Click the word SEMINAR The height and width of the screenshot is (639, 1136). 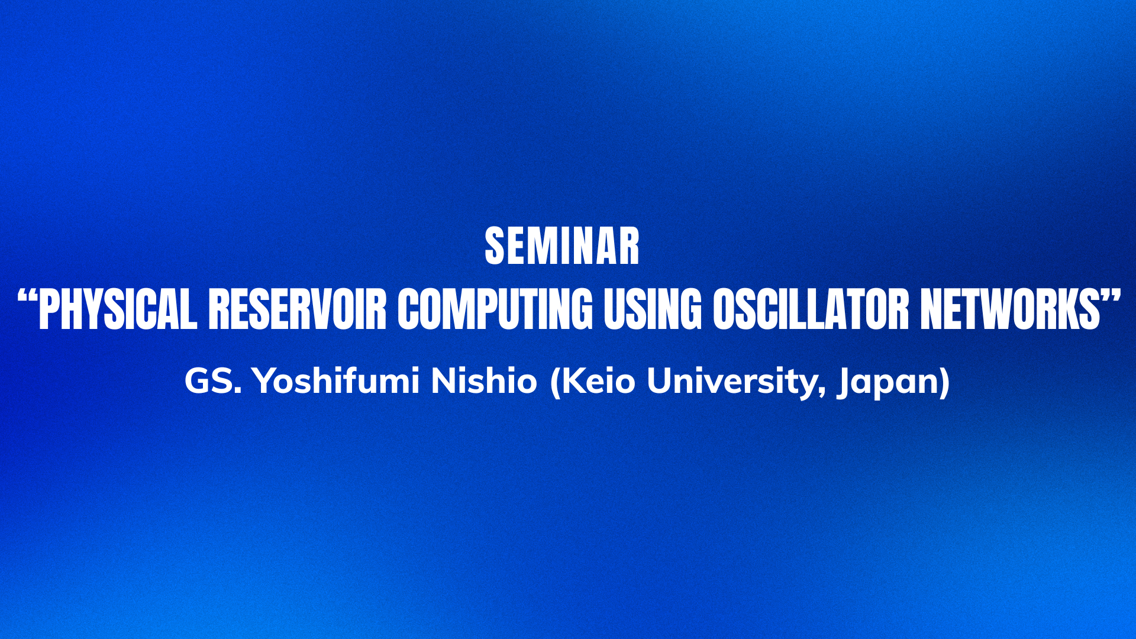(562, 246)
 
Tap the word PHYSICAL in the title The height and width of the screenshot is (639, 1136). (117, 309)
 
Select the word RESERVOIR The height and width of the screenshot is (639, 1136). (297, 309)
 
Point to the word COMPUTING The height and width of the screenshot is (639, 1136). (495, 309)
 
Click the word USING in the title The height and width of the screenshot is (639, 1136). (652, 309)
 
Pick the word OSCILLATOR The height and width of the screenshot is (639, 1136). (811, 309)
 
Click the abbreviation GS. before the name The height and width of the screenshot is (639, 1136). (213, 380)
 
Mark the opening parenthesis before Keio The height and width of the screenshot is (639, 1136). (555, 382)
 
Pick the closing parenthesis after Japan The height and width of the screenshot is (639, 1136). (945, 382)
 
